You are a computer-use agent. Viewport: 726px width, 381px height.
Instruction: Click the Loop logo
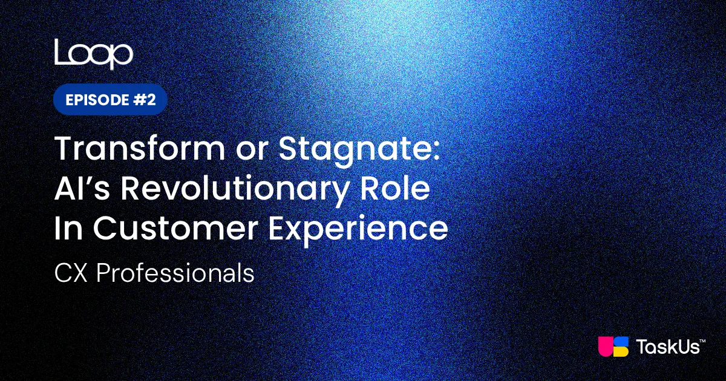[94, 54]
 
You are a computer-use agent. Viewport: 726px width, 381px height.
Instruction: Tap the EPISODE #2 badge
[110, 99]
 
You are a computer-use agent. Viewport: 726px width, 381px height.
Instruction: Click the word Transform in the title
[140, 148]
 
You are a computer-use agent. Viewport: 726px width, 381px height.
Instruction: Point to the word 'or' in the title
[252, 152]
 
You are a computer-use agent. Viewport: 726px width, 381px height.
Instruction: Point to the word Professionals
[175, 273]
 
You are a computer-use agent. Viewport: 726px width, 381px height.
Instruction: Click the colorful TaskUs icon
[613, 347]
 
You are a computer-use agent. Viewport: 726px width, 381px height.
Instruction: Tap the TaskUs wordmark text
[668, 347]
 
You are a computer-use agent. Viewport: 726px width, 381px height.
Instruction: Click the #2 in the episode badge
[145, 100]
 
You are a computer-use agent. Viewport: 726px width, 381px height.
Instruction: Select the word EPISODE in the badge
[97, 100]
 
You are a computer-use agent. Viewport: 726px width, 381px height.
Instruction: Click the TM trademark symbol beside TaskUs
[702, 341]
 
